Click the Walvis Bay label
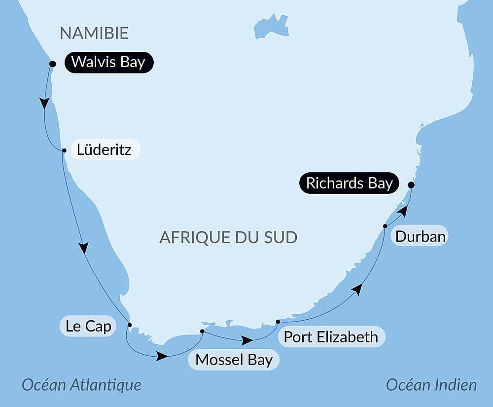pyautogui.click(x=108, y=63)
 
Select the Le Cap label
pyautogui.click(x=88, y=326)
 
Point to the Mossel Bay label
pyautogui.click(x=234, y=360)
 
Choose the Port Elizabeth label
pyautogui.click(x=331, y=336)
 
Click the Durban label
pyautogui.click(x=421, y=236)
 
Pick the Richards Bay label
pyautogui.click(x=349, y=183)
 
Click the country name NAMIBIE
pyautogui.click(x=94, y=33)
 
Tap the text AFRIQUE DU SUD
pyautogui.click(x=228, y=237)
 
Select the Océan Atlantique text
pyautogui.click(x=81, y=385)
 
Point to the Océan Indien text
pyautogui.click(x=431, y=385)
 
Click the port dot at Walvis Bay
pyautogui.click(x=53, y=64)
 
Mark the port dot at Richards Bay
pyautogui.click(x=411, y=185)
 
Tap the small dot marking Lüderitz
pyautogui.click(x=64, y=150)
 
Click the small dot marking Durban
pyautogui.click(x=385, y=226)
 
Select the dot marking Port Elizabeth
pyautogui.click(x=278, y=322)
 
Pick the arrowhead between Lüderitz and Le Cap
pyautogui.click(x=84, y=247)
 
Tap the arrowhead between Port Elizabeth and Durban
pyautogui.click(x=357, y=290)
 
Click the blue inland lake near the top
pyautogui.click(x=270, y=27)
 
